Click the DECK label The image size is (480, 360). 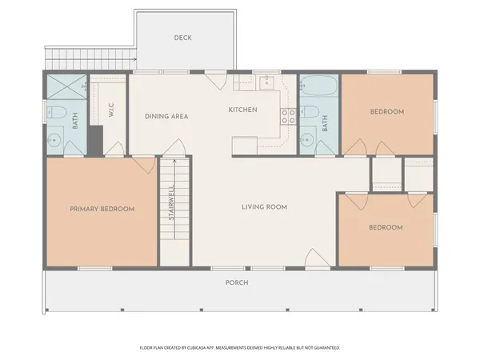coord(183,38)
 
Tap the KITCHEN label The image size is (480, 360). coord(243,110)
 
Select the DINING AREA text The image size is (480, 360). coord(166,117)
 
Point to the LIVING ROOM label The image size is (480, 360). coord(264,207)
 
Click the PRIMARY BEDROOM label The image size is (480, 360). coord(102,209)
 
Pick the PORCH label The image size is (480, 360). coord(237,282)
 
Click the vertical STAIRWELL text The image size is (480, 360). coord(171,203)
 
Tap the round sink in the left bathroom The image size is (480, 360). coord(54,142)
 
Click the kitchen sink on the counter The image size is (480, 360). coord(266,82)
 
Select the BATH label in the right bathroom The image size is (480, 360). coord(326,124)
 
